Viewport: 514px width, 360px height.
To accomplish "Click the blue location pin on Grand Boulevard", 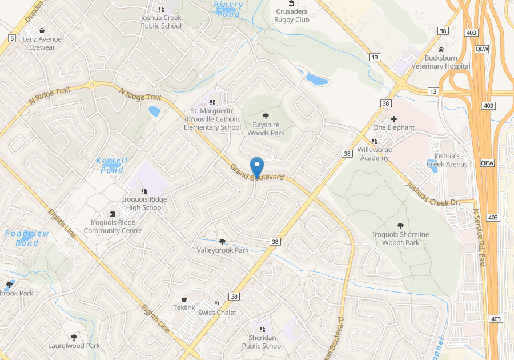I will tap(257, 167).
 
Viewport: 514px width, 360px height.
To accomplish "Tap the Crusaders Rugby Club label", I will tap(291, 15).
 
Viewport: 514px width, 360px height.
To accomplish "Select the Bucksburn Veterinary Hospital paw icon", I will tap(441, 50).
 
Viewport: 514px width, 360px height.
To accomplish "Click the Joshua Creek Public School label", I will tap(161, 22).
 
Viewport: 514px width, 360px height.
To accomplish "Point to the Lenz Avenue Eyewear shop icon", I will tap(42, 31).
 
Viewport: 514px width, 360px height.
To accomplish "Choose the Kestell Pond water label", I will tap(112, 165).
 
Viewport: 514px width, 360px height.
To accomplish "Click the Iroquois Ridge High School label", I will tap(144, 203).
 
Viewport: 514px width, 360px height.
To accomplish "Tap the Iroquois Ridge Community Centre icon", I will tap(113, 214).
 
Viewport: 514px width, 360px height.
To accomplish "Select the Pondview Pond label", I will tap(27, 238).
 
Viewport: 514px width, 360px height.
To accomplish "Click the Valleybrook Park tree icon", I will tap(223, 242).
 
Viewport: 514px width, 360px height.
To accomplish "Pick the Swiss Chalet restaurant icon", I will tap(217, 304).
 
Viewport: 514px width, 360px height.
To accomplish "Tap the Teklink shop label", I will tap(184, 307).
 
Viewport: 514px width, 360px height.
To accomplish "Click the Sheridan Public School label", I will tap(262, 342).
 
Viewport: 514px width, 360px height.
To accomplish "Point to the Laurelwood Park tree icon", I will tap(74, 337).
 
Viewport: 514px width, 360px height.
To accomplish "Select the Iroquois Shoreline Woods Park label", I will tap(400, 238).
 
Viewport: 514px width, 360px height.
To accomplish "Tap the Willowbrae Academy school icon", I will tap(374, 141).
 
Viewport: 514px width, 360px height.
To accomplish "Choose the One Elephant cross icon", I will tap(393, 119).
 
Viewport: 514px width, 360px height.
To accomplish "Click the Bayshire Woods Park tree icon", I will tap(266, 116).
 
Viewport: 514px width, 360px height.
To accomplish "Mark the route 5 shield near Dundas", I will tap(11, 38).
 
